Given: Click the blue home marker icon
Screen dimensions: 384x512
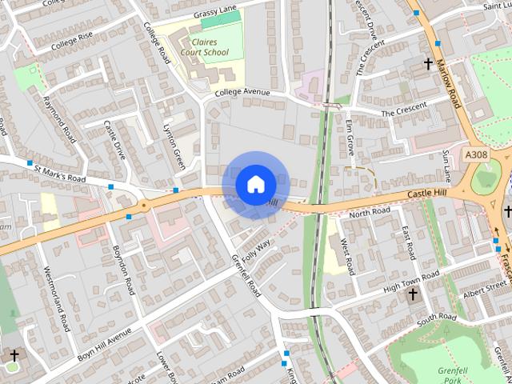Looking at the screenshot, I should (x=255, y=184).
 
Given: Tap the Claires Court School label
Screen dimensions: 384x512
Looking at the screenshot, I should (x=204, y=46).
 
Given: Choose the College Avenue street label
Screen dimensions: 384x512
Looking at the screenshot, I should (x=242, y=93).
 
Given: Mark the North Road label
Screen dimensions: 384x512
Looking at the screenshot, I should (x=370, y=212).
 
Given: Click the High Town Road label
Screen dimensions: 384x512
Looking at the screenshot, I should (x=411, y=282).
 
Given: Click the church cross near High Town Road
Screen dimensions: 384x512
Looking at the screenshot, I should (x=413, y=294).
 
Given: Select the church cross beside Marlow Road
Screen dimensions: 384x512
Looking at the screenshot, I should (x=428, y=63).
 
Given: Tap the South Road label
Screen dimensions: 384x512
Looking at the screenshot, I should (x=436, y=318).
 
